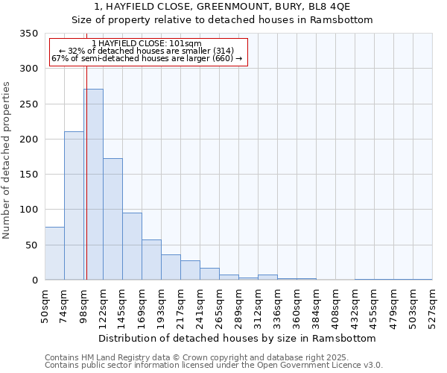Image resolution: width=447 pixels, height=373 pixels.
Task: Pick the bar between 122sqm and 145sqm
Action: point(112,219)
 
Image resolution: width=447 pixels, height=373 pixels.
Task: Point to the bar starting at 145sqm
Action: point(132,247)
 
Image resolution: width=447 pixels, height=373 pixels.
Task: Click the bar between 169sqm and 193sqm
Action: point(151,260)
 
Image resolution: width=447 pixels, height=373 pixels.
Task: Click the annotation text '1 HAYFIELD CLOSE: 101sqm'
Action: point(147,44)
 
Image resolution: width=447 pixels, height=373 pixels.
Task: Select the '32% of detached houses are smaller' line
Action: point(147,51)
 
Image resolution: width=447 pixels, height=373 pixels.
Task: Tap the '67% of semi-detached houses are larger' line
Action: point(147,59)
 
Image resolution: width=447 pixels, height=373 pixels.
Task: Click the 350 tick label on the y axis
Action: point(28,34)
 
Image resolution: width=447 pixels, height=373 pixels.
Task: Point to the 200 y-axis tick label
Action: point(28,140)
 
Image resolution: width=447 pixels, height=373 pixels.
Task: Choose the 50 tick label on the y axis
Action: point(31,245)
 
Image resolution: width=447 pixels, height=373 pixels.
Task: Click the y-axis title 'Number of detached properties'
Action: point(7,160)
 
